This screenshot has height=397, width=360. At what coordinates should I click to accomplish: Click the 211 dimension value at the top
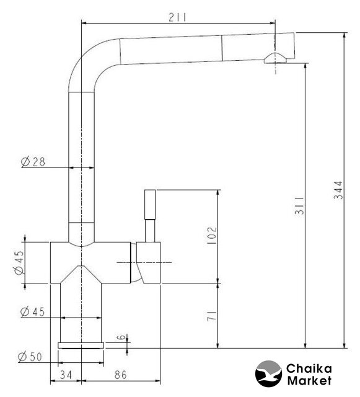coord(177,17)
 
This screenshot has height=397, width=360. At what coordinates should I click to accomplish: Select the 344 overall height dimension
coord(338,190)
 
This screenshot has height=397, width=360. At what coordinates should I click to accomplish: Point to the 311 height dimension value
coord(299,205)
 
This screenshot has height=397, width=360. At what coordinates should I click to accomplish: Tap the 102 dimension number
coord(212,236)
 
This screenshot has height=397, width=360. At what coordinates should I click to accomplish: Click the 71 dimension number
coord(212,316)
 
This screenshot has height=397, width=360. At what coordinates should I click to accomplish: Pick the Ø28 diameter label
coord(33,161)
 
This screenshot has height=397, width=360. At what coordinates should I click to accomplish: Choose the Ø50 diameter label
coord(30,357)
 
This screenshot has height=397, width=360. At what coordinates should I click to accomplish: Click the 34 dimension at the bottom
coord(66,375)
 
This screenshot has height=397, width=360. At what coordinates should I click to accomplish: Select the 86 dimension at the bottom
coord(120,375)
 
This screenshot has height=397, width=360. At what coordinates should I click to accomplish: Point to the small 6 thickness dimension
coord(121,337)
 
